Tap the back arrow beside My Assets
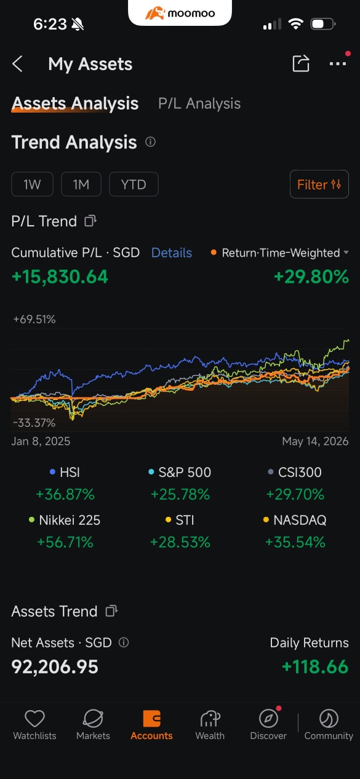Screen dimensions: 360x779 click(x=17, y=64)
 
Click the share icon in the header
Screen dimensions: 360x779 click(x=301, y=63)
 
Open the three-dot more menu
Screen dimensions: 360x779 click(x=338, y=63)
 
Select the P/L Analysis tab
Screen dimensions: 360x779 click(x=199, y=103)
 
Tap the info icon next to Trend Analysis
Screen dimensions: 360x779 click(x=150, y=142)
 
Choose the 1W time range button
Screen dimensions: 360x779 click(x=33, y=185)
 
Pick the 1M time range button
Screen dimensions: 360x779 click(x=81, y=185)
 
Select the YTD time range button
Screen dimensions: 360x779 click(x=134, y=185)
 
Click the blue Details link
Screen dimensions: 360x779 click(x=172, y=253)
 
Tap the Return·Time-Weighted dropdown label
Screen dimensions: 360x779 click(x=281, y=253)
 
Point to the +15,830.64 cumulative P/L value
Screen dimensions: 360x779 click(x=60, y=277)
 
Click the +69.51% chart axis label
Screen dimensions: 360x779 click(x=34, y=319)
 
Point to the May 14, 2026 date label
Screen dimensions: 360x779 click(x=315, y=441)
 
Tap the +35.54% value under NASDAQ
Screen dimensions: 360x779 click(x=295, y=542)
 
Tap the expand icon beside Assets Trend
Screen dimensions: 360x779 click(x=111, y=611)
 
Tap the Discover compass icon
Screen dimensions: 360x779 click(x=268, y=719)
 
